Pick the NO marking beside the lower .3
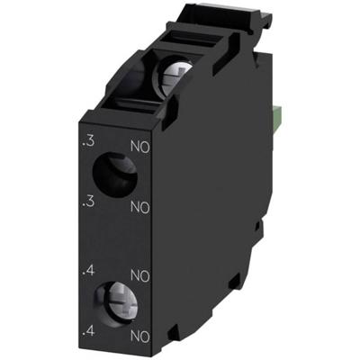139,208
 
